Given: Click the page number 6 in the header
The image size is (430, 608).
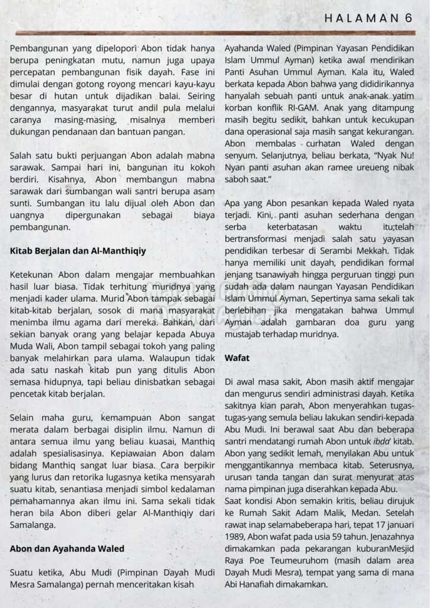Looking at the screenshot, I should [x=408, y=18].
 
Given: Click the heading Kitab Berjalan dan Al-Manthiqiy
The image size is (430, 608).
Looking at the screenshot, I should [x=78, y=251].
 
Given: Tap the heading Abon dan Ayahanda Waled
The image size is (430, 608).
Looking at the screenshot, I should [x=67, y=549].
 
